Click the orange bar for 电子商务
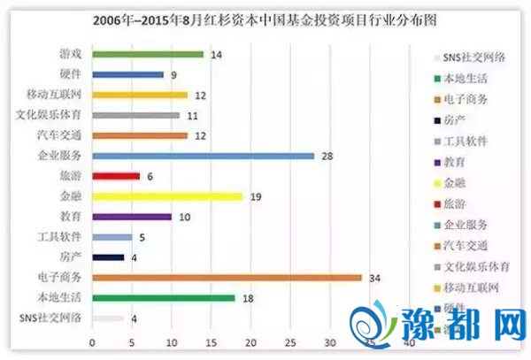pos(227,278)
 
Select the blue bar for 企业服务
pos(203,156)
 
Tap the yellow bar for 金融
pos(166,196)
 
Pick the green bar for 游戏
pos(147,55)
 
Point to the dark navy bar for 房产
pos(107,257)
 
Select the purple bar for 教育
pos(131,217)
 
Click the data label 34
pos(373,278)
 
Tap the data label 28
pos(326,156)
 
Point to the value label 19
pos(255,196)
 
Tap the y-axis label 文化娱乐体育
pos(53,115)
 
